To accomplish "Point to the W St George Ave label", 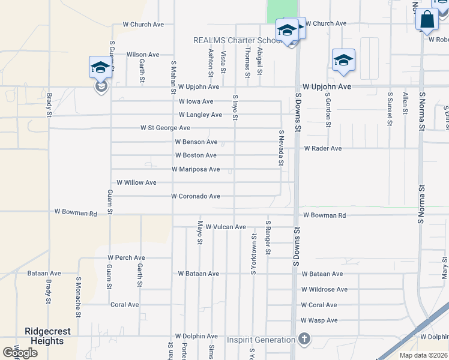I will click(165, 128).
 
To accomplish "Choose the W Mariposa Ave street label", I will click(196, 169).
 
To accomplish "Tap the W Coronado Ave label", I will click(195, 196).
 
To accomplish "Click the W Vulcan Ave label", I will click(226, 227).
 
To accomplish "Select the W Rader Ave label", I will click(322, 148).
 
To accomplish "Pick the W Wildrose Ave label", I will click(324, 289).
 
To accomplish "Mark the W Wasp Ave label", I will click(319, 320).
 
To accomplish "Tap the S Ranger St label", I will click(268, 238).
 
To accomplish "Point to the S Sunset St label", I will click(390, 109).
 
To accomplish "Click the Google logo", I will click(20, 352).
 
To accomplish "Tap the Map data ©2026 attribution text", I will click(423, 355).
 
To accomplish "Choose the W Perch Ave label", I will click(126, 257).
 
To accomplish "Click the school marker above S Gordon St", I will click(343, 60).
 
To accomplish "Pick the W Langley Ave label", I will click(200, 115).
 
